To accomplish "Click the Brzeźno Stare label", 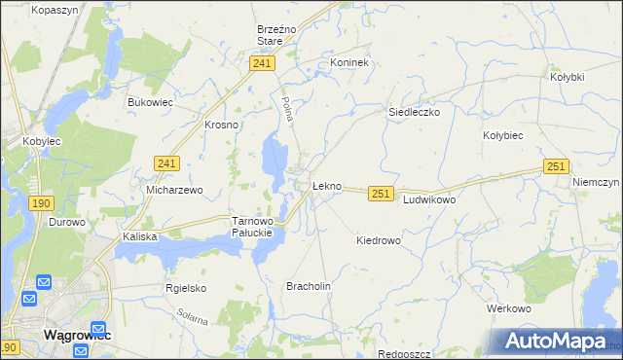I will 270,36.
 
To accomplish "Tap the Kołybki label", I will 567,77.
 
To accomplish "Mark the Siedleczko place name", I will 415,112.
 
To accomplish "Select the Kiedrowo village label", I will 379,240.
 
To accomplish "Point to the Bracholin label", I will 309,286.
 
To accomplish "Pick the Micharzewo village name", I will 174,191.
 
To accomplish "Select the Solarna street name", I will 193,318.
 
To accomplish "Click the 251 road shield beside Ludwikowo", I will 381,195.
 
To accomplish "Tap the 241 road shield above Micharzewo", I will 166,166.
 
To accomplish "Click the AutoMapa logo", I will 556,341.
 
